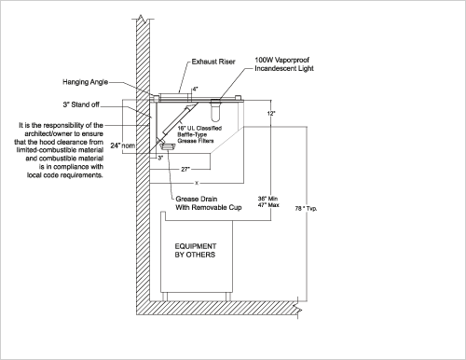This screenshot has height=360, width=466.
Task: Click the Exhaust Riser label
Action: tap(213, 62)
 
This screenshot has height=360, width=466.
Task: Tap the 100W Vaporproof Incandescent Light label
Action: tap(284, 64)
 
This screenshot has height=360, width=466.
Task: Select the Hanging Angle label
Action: tap(86, 82)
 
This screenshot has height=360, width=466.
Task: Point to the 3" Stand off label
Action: tap(81, 104)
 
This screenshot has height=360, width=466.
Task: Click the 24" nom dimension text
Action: tap(123, 145)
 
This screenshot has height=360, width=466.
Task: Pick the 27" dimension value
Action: tap(185, 170)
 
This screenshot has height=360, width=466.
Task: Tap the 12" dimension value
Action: tap(271, 114)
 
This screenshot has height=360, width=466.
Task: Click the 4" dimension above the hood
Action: tap(195, 90)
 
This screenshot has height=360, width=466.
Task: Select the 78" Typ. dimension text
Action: tap(306, 209)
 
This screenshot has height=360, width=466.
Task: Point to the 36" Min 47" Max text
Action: tap(268, 201)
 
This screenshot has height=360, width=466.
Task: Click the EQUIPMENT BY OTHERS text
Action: tap(196, 251)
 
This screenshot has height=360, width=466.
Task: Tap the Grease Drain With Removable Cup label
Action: tap(209, 203)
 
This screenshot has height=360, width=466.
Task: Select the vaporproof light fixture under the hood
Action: tap(215, 110)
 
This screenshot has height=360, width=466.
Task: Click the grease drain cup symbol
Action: tap(168, 145)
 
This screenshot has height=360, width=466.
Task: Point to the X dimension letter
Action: tap(197, 183)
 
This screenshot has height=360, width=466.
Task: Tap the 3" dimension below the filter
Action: tap(160, 158)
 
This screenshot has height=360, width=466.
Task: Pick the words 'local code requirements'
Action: tap(64, 175)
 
